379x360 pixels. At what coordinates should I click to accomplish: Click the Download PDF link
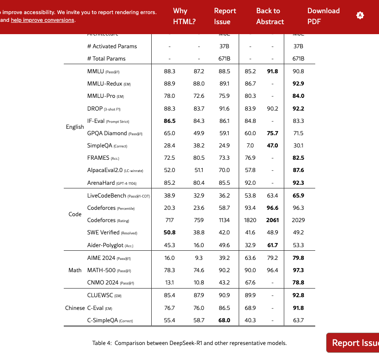(323, 16)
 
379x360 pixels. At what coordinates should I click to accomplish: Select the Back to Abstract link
(270, 16)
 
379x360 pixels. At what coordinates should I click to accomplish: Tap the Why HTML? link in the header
(180, 16)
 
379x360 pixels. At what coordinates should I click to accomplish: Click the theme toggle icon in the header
(360, 15)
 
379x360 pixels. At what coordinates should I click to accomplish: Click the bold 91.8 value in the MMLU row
(272, 71)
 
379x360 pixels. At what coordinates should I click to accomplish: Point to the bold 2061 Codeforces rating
(272, 220)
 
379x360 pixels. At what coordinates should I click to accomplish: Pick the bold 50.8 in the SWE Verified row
(169, 233)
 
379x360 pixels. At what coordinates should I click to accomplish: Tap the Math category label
(75, 270)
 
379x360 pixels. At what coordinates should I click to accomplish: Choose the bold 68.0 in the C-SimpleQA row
(224, 320)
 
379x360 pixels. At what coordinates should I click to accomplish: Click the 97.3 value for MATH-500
(298, 270)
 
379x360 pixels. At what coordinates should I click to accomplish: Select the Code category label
(75, 214)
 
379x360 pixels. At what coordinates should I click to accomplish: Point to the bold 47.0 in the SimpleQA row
(272, 146)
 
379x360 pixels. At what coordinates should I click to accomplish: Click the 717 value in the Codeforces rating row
(169, 220)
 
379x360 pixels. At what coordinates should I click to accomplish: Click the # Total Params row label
(106, 59)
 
